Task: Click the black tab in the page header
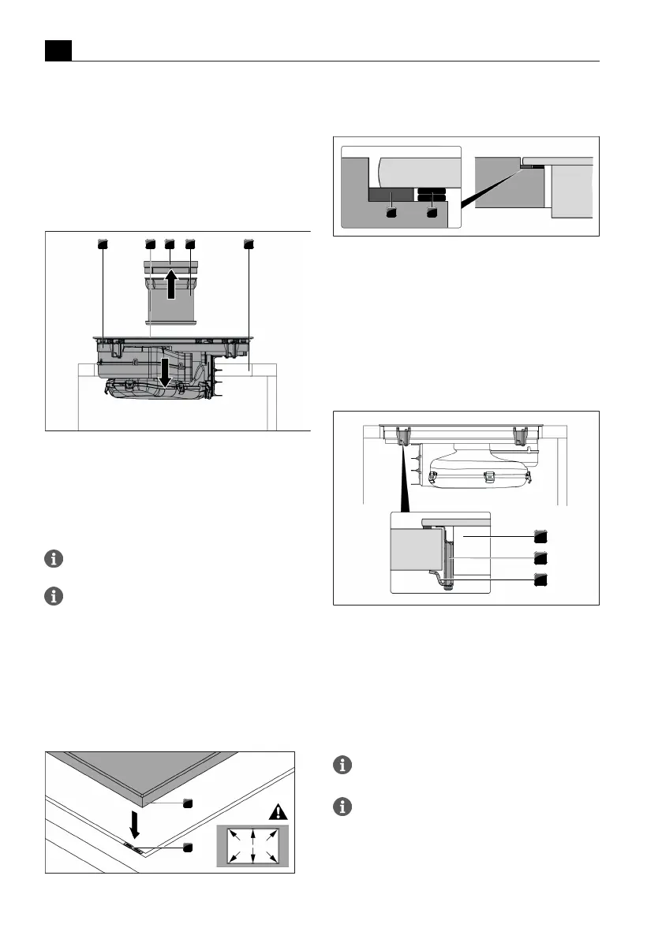58,51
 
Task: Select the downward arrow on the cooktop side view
164,371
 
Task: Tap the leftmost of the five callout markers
102,244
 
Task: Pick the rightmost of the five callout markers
249,244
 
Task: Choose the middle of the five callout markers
170,244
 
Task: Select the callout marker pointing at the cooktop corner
188,803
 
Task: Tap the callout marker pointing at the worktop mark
188,848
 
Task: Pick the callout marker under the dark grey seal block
391,211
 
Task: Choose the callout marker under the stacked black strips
432,211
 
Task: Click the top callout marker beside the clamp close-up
540,536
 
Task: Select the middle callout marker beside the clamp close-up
540,558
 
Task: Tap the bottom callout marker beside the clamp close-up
540,580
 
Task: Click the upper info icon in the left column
53,559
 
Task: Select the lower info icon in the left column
53,596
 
